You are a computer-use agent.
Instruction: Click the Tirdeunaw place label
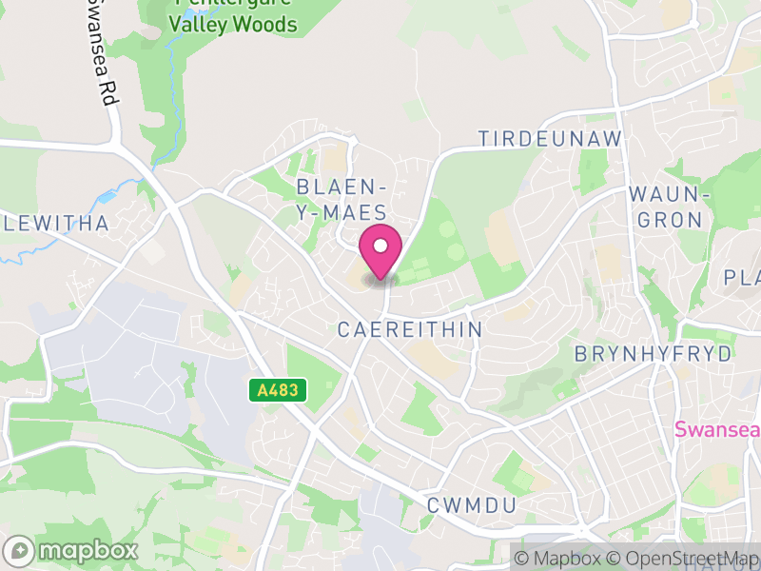pyautogui.click(x=550, y=139)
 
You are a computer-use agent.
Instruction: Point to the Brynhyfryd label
pyautogui.click(x=654, y=354)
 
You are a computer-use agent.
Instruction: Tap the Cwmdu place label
pyautogui.click(x=472, y=504)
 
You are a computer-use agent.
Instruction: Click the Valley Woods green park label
pyautogui.click(x=233, y=25)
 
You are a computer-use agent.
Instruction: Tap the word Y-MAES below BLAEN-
pyautogui.click(x=341, y=213)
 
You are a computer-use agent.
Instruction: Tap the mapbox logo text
pyautogui.click(x=88, y=550)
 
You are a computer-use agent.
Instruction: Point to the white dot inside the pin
pyautogui.click(x=380, y=246)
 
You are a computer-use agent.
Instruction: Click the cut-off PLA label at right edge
pyautogui.click(x=742, y=278)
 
